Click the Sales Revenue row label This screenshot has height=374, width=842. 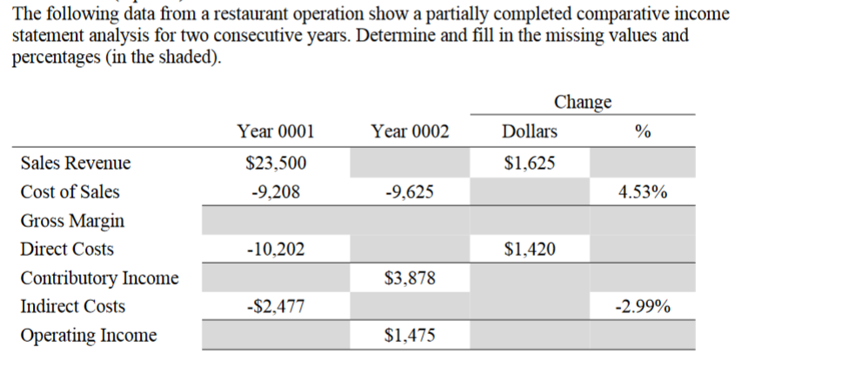point(76,164)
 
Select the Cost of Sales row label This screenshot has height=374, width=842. point(70,192)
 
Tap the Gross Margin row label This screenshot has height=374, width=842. point(72,221)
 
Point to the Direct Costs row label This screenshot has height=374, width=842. point(67,250)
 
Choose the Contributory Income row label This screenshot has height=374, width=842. point(99,278)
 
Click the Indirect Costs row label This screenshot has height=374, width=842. point(72,307)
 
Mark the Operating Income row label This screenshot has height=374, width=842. point(89,336)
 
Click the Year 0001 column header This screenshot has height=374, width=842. point(276,132)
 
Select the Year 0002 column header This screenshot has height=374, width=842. point(410,132)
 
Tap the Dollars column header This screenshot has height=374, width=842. point(530,132)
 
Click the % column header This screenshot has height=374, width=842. point(643,132)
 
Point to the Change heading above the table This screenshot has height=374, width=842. point(582,102)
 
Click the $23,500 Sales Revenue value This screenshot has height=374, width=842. point(276,164)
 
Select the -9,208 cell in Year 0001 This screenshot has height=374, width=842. point(276,192)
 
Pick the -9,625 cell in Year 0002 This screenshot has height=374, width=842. point(410,192)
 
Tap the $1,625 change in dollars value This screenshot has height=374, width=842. point(530,164)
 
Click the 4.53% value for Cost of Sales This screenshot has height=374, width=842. point(643,192)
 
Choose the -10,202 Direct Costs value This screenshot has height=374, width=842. point(276,250)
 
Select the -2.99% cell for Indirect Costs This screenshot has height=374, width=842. point(643,307)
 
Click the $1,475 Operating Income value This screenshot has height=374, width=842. point(410,336)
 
